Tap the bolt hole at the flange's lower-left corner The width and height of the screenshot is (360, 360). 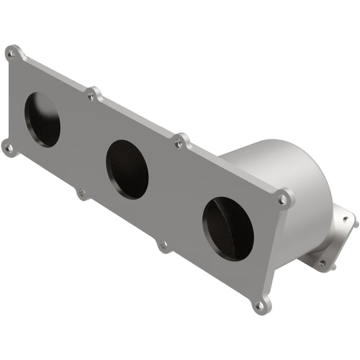[8, 148]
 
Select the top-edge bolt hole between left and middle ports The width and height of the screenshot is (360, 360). [92, 96]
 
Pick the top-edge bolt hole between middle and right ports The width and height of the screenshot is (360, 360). [179, 143]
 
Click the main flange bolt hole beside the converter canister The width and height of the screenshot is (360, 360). [282, 199]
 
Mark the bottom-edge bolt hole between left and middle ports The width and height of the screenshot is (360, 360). [81, 194]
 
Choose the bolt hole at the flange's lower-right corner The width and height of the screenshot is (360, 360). [260, 305]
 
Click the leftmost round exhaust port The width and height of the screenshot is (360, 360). [42, 119]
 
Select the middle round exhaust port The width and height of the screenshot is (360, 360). [127, 169]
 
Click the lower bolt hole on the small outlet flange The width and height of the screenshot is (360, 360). [322, 263]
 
